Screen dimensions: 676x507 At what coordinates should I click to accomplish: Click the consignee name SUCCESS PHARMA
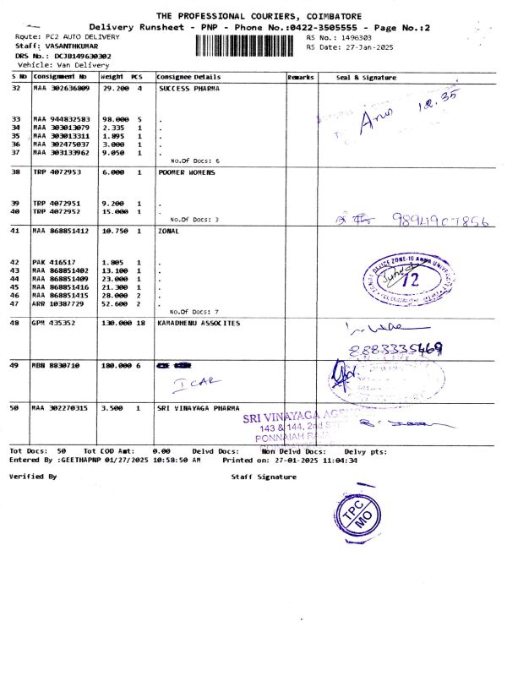pos(189,88)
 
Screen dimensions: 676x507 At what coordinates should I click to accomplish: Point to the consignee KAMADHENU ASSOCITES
pos(199,323)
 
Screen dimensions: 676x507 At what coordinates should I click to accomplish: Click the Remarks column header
pos(301,78)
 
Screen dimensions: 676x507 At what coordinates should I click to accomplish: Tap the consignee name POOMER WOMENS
pos(187,172)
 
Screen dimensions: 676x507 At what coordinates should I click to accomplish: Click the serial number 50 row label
pos(15,408)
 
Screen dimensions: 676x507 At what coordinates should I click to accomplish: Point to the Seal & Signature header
pos(366,78)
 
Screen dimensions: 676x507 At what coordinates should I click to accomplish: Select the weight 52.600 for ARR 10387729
pos(115,303)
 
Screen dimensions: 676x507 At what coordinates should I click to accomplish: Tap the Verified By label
pos(33,477)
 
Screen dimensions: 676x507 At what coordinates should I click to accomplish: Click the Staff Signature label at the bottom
pos(264,477)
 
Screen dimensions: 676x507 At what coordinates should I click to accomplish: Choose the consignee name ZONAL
pos(170,231)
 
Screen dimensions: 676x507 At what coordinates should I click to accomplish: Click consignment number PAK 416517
pos(55,263)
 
